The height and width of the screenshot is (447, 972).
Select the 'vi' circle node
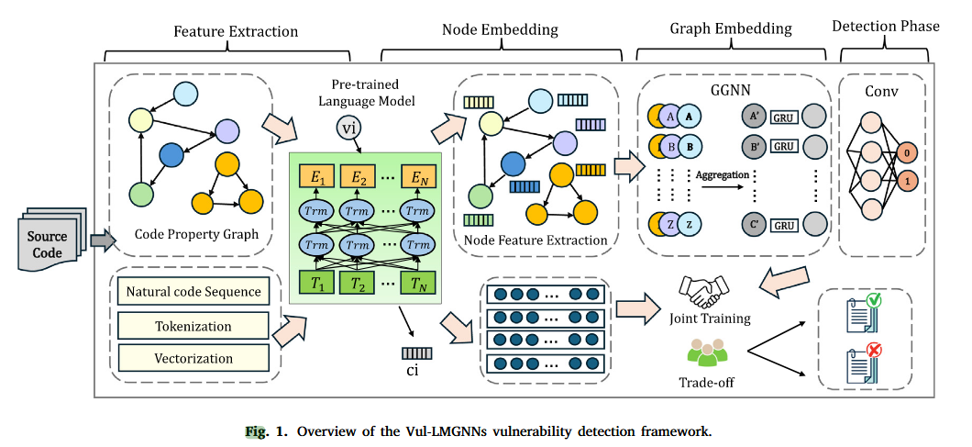click(x=349, y=128)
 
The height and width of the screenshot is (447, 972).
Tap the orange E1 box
click(x=317, y=177)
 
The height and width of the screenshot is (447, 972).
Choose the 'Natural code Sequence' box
click(x=193, y=293)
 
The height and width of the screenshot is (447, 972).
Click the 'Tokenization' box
click(x=193, y=326)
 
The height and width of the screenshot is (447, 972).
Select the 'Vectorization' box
click(x=193, y=359)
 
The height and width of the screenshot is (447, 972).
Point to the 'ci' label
click(x=413, y=370)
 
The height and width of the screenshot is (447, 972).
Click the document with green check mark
click(x=863, y=314)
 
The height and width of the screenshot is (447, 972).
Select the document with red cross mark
click(x=863, y=364)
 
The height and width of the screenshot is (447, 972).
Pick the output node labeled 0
click(x=906, y=153)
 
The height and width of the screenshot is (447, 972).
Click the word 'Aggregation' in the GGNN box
click(x=723, y=174)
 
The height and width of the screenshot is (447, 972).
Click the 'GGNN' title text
click(x=730, y=92)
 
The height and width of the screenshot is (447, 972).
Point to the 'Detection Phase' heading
click(x=885, y=27)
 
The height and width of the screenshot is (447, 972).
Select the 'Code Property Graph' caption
click(x=195, y=235)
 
